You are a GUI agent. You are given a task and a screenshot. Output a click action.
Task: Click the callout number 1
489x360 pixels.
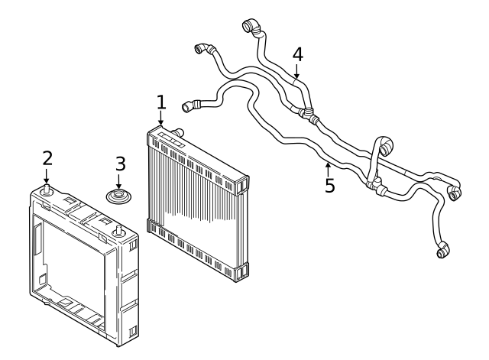pos(160,101)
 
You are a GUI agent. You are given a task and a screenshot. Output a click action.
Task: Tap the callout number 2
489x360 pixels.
pos(47,158)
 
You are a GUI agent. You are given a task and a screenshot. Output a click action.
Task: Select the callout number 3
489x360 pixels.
pos(119,164)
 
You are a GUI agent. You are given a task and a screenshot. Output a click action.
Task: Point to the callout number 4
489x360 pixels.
pos(297,54)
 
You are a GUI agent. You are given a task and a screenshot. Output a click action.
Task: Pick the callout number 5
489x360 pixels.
pos(329,186)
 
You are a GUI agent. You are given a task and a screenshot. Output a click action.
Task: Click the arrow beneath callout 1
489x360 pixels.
pos(160,118)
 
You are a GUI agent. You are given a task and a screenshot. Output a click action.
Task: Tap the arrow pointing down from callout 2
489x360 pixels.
pos(47,176)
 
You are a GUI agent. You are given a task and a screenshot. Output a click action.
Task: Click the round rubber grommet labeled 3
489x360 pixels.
pos(119,198)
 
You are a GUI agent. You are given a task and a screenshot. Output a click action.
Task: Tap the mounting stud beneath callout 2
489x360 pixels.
pos(47,190)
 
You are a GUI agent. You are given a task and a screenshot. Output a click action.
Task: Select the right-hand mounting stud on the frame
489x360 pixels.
pos(119,230)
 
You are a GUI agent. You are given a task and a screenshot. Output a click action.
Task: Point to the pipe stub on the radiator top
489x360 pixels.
pos(181,133)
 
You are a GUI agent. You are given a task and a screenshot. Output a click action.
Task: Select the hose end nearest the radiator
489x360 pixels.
pos(189,105)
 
